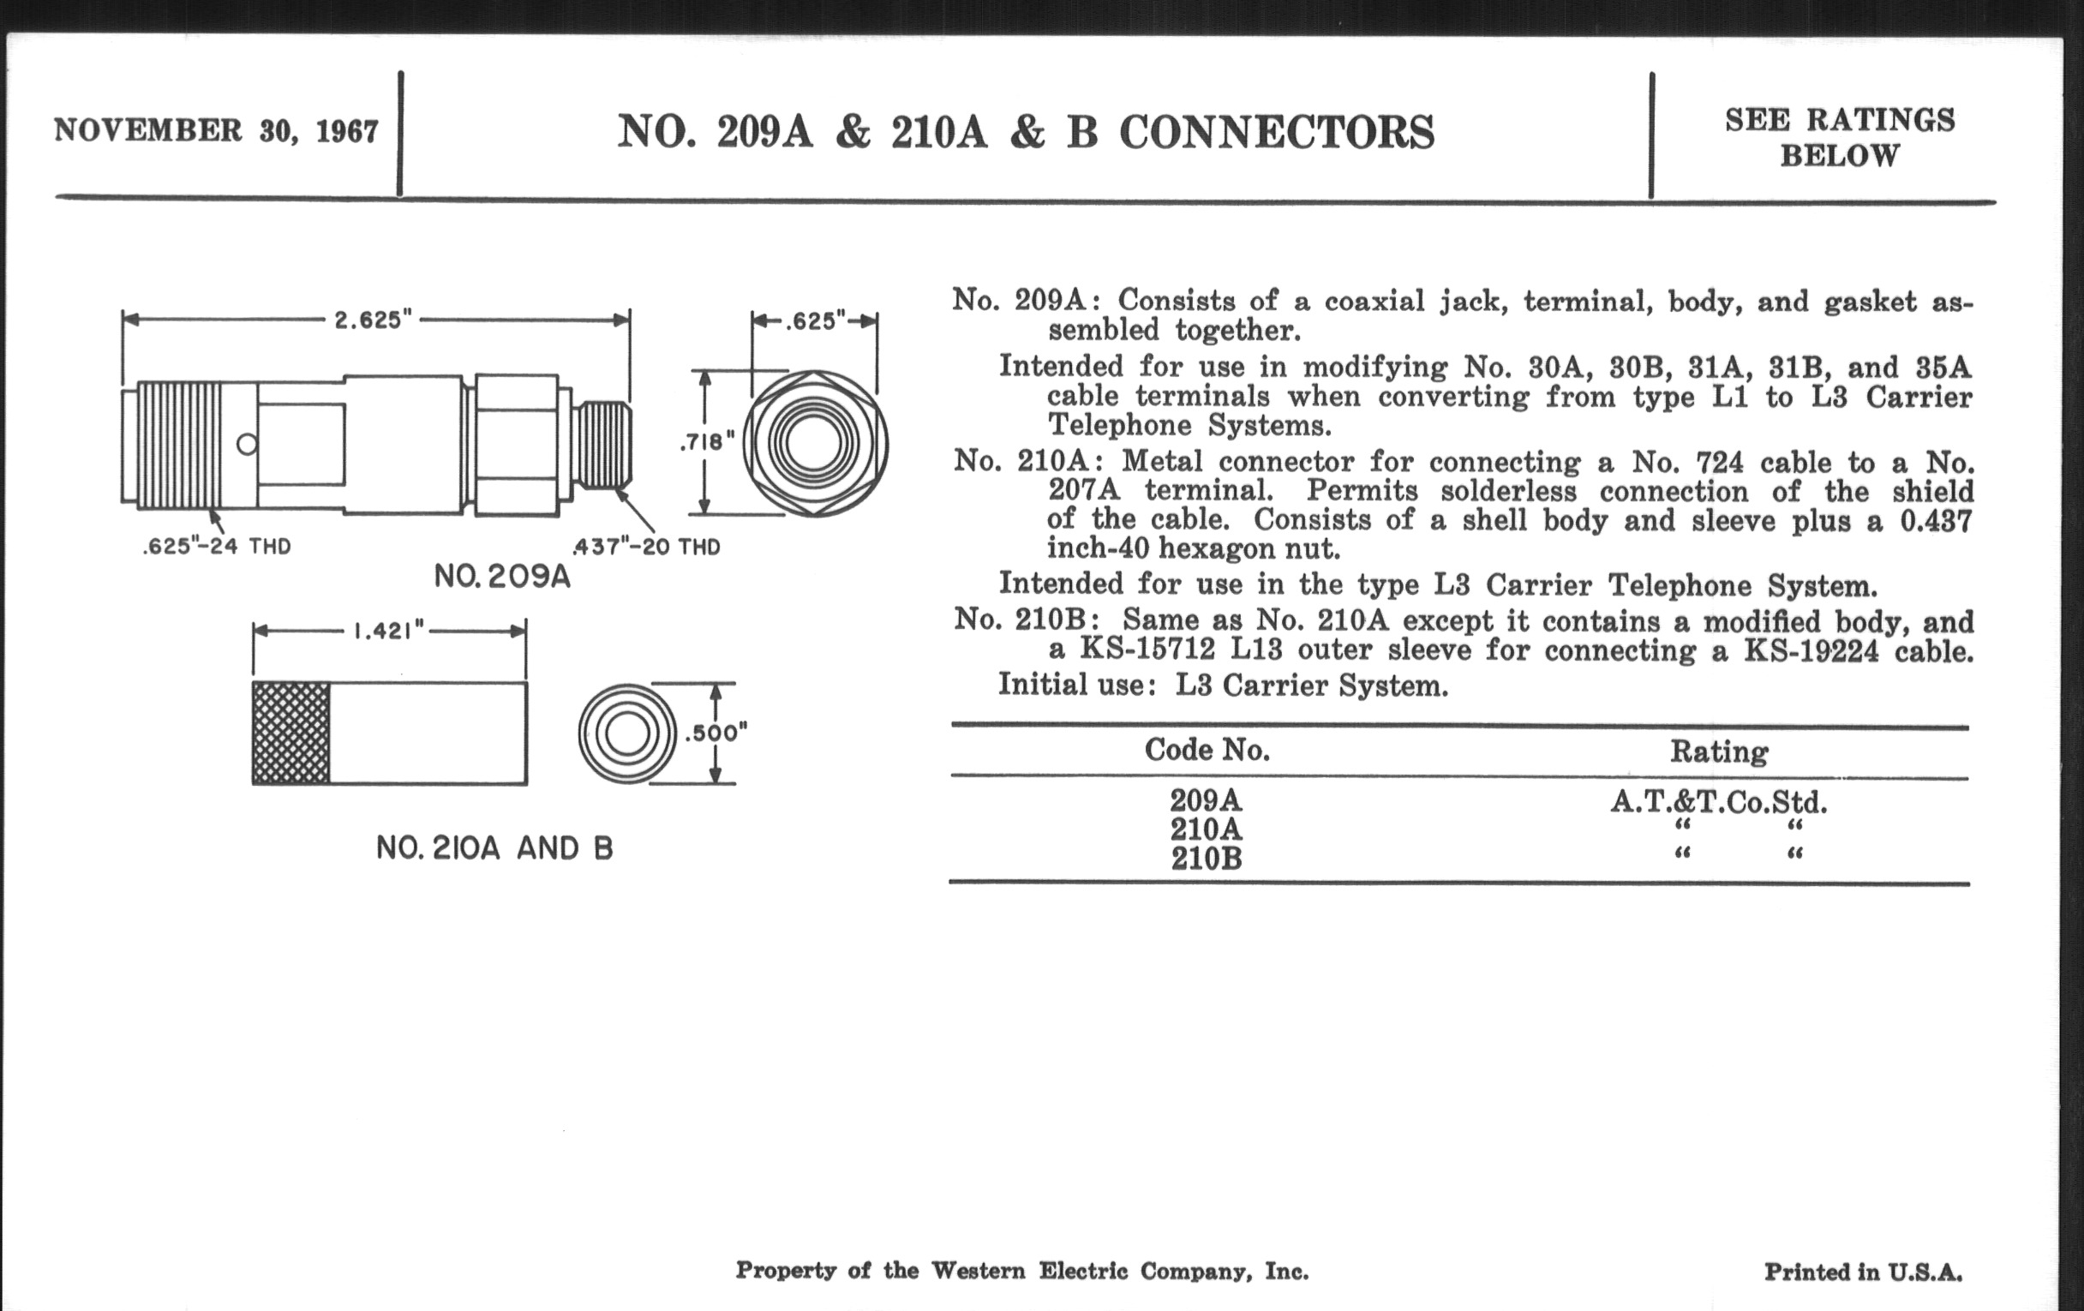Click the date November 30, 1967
coord(216,130)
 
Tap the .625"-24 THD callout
coord(216,547)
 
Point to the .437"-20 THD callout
coord(645,547)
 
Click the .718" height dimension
coord(707,443)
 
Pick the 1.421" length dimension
coord(389,631)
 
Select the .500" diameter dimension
coord(716,733)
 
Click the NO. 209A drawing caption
coord(502,577)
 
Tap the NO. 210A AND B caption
coord(494,848)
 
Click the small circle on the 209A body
coord(247,445)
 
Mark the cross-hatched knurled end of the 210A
coord(290,733)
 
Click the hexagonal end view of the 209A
coord(814,443)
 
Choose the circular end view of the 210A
coord(626,733)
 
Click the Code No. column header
coord(1207,750)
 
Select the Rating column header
coord(1719,751)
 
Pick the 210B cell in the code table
coord(1207,859)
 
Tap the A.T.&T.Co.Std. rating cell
coord(1719,802)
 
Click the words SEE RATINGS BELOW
coord(1840,138)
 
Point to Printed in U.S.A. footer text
coord(1863,1272)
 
